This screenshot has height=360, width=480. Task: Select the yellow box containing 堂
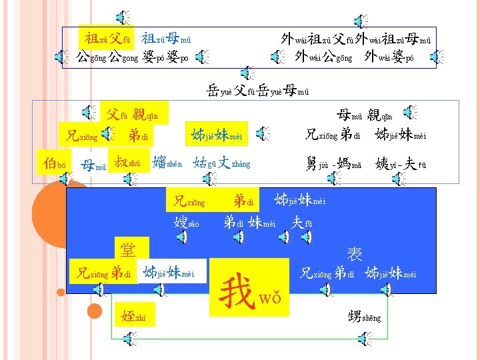click(127, 249)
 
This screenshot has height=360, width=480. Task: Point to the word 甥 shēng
click(364, 316)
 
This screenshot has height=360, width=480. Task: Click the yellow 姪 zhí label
click(134, 316)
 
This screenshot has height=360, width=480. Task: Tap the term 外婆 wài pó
click(389, 56)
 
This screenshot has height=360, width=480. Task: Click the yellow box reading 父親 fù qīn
click(133, 111)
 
